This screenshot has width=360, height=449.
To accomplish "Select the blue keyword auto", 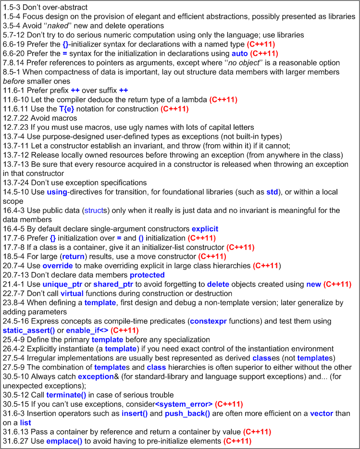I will click(240, 53).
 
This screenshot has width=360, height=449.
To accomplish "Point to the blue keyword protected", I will click(147, 275).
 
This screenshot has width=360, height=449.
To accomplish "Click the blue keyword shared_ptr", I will click(113, 284).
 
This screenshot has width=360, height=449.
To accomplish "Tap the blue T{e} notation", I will click(67, 109).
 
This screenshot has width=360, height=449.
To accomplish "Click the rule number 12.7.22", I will click(14, 118).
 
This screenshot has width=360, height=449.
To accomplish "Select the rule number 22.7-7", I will click(13, 293).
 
